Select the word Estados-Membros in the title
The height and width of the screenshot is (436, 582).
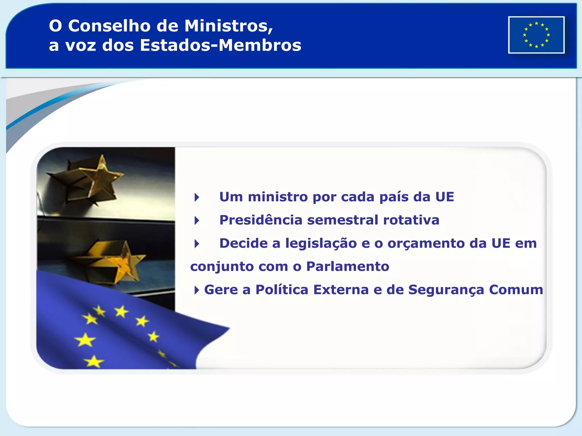tap(221, 45)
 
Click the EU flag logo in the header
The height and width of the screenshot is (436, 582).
tap(536, 35)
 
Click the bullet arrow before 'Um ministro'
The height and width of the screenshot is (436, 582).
tap(197, 197)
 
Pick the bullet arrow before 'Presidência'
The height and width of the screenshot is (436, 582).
tap(197, 220)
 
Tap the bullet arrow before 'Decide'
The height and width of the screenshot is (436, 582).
tap(197, 244)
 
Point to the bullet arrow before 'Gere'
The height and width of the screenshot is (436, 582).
tap(196, 290)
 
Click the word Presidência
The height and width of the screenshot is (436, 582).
tap(261, 220)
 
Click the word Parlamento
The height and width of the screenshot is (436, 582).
tap(348, 267)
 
